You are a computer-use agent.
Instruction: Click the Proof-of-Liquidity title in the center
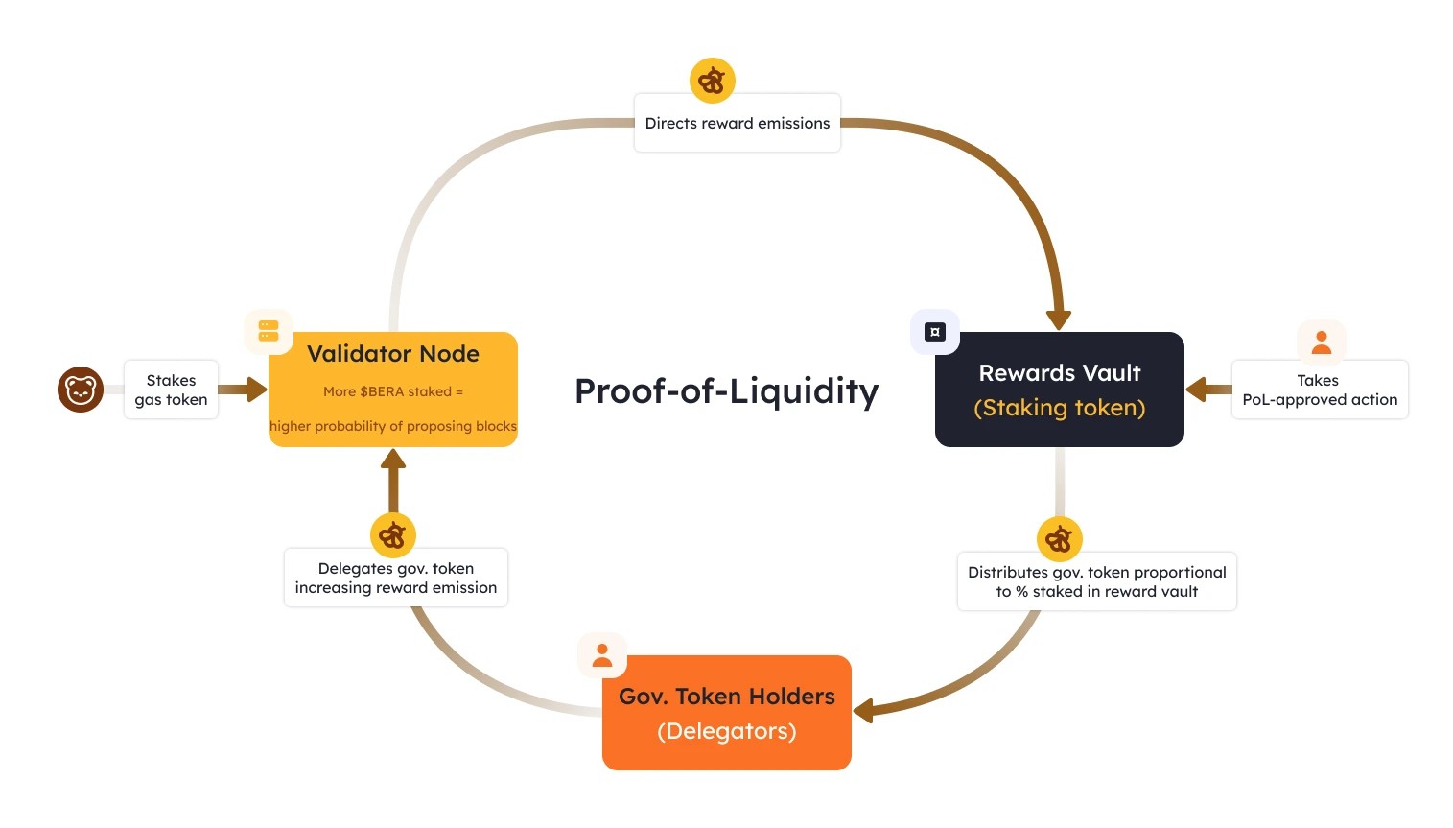[x=726, y=391]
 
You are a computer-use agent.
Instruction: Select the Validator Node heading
[x=392, y=354]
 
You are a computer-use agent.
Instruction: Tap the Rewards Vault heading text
[x=1059, y=373]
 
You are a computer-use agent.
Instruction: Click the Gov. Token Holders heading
[x=726, y=697]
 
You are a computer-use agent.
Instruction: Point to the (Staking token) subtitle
[x=1059, y=408]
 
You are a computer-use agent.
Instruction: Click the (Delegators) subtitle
[x=726, y=731]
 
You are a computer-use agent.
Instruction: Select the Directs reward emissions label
[x=737, y=123]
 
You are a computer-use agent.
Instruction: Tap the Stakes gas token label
[x=171, y=390]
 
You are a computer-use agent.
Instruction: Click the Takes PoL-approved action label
[x=1319, y=390]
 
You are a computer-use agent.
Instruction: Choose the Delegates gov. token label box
[x=395, y=578]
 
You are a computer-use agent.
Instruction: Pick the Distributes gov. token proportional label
[x=1096, y=581]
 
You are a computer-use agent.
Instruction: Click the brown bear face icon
[x=81, y=390]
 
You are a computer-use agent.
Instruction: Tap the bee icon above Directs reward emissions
[x=712, y=81]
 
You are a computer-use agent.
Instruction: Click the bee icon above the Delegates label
[x=392, y=535]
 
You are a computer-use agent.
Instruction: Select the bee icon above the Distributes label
[x=1059, y=539]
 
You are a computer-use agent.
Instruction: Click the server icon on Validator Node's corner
[x=269, y=332]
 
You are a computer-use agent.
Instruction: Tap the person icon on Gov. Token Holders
[x=602, y=655]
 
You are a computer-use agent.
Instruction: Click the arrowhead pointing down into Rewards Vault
[x=1058, y=319]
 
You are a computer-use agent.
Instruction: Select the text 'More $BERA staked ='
[x=392, y=391]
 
